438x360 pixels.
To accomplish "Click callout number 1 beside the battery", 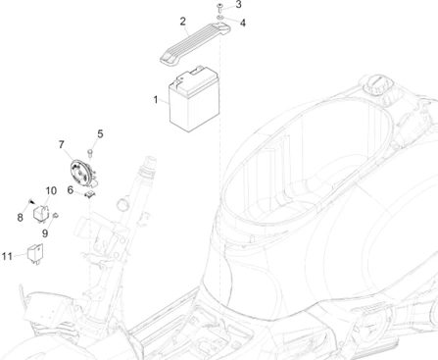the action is tap(156, 100).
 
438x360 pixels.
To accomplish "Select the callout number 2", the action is tap(183, 22).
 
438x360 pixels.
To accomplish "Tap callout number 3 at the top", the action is tap(238, 5).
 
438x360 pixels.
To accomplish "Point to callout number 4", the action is tap(243, 23).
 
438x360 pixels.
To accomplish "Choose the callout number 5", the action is tap(100, 133).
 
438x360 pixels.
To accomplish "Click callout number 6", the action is tap(71, 189).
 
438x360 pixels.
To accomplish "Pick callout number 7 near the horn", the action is tap(62, 144).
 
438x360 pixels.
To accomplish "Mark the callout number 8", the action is tap(21, 218).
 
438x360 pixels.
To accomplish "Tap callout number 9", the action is tap(45, 233).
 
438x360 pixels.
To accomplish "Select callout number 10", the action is tap(51, 190).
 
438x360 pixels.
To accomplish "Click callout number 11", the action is tap(7, 256).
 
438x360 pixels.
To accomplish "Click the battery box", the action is tap(194, 99).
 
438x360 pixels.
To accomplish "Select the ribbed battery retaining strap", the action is tap(195, 43).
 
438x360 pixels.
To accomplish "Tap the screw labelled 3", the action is tap(219, 7).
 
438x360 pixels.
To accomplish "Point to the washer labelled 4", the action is tap(220, 18).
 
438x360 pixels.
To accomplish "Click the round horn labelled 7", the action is tap(81, 174).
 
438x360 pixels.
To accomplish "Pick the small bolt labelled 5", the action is tap(90, 153).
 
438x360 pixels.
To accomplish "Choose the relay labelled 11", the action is tap(35, 253).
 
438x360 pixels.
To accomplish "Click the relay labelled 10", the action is tap(41, 214).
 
